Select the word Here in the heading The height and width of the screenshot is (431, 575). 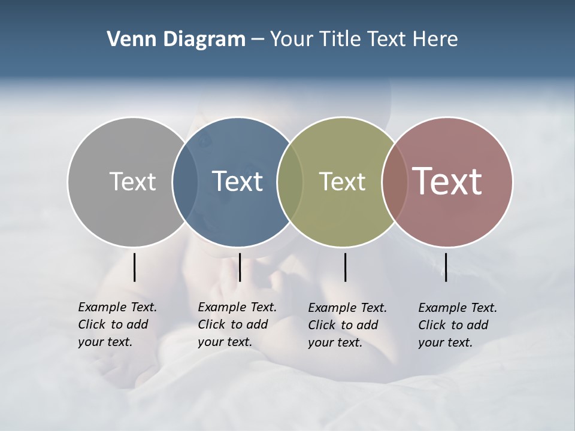tap(435, 39)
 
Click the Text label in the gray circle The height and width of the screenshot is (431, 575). tap(132, 181)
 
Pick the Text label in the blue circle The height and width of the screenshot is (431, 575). tap(237, 181)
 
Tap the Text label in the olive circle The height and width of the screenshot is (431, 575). tap(342, 181)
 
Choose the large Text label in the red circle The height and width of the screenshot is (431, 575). tap(447, 181)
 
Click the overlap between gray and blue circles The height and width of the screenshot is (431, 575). tap(185, 181)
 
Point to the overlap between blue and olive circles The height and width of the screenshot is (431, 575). tap(290, 181)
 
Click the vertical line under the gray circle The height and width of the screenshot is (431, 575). tap(135, 267)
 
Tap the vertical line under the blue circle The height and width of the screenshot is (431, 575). tap(240, 267)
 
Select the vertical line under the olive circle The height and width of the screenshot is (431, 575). tap(346, 267)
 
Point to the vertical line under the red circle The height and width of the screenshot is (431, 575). tap(446, 267)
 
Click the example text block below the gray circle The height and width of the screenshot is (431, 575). tap(117, 324)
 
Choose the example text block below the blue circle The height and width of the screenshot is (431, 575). tap(237, 324)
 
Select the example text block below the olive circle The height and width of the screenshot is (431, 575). tap(347, 325)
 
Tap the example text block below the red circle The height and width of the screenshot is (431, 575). tap(458, 325)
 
